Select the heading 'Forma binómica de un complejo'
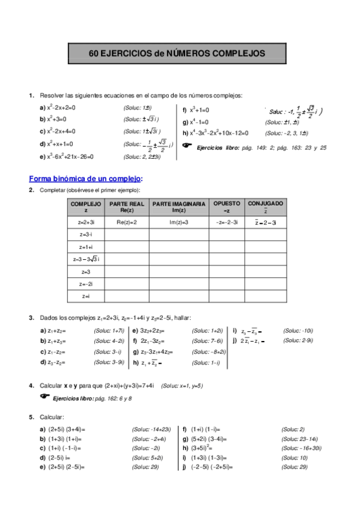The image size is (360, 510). (x=85, y=178)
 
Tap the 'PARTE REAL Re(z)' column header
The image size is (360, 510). (x=126, y=207)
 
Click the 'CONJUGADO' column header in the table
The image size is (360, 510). (x=265, y=207)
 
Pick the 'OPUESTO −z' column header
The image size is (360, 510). (x=226, y=207)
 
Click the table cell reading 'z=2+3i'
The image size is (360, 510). (x=86, y=223)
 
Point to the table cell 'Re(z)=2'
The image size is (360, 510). (x=126, y=223)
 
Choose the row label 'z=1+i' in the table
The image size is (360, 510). (x=86, y=247)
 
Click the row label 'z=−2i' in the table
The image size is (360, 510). (x=86, y=283)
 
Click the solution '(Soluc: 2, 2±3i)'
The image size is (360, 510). (x=142, y=157)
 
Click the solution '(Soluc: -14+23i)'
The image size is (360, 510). (x=151, y=429)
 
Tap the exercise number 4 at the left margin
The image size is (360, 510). (x=31, y=385)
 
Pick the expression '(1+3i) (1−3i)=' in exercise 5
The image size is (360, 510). (x=212, y=458)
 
